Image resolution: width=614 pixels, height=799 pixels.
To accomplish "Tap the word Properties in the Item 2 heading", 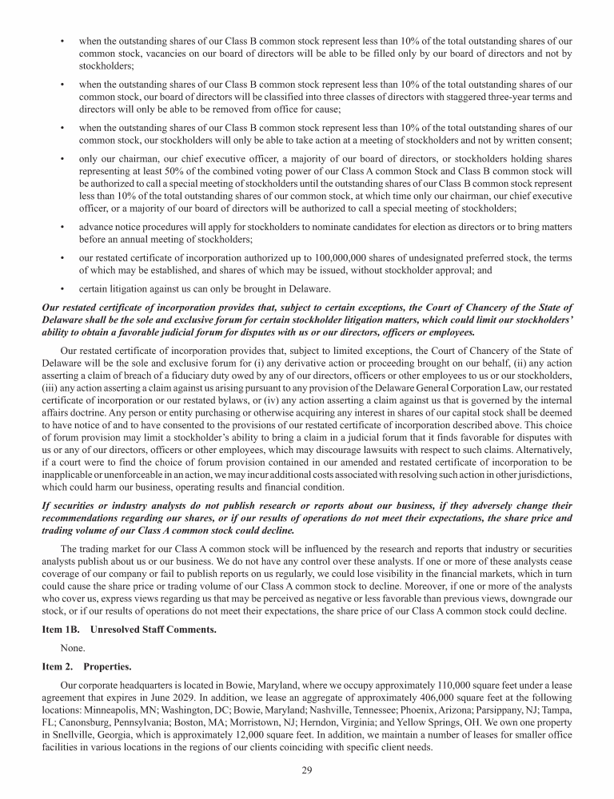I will click(106, 666).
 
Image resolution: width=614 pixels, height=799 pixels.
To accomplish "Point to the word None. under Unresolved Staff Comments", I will click(73, 648).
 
